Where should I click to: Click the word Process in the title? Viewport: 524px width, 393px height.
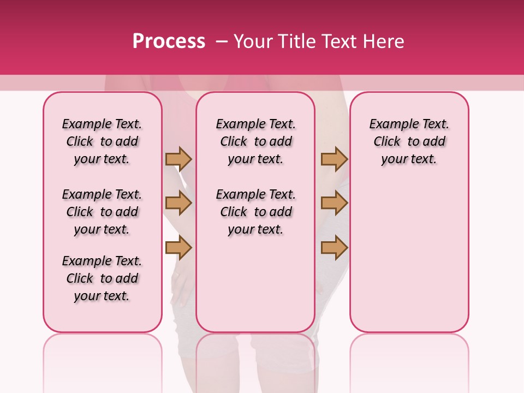(169, 41)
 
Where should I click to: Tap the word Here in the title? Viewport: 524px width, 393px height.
(384, 41)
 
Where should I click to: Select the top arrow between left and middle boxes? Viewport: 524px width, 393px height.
(178, 159)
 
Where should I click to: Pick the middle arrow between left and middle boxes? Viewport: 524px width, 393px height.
(178, 203)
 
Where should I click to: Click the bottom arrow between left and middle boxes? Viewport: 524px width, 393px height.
(178, 247)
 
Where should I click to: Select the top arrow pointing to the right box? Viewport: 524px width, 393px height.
(334, 159)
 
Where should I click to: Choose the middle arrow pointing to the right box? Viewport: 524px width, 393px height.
(334, 203)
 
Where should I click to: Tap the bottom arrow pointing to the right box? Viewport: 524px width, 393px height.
(334, 247)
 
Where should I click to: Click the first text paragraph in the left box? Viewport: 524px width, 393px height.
(102, 141)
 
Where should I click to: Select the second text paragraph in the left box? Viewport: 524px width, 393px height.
(102, 212)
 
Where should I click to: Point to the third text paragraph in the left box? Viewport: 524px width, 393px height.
(102, 278)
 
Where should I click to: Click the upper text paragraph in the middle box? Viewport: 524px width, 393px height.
(255, 141)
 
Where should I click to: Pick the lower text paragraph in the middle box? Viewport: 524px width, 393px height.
(255, 212)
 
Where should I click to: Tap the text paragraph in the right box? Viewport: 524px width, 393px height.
(409, 141)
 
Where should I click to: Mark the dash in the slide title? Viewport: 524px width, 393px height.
(222, 41)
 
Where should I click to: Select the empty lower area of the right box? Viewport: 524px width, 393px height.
(409, 257)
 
